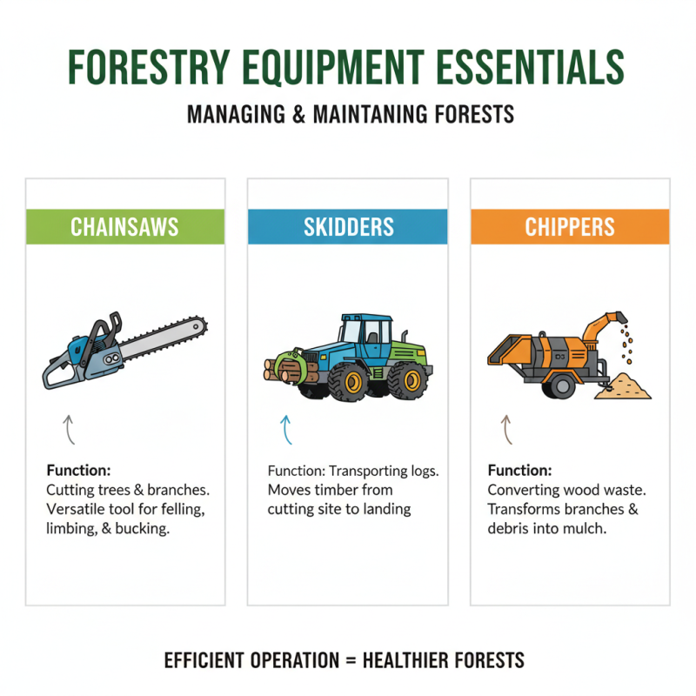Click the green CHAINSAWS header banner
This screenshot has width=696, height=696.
click(x=124, y=227)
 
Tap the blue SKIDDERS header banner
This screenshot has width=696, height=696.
click(x=347, y=227)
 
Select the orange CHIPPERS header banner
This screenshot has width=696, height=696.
click(x=570, y=227)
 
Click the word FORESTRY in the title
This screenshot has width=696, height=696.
click(x=147, y=68)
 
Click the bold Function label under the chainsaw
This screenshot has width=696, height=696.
click(x=77, y=471)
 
